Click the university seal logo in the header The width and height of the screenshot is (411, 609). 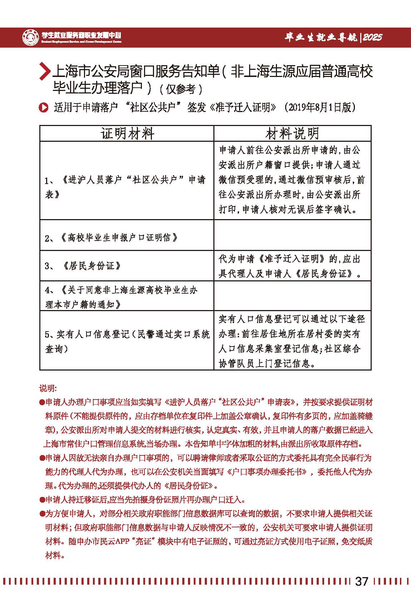tap(31, 37)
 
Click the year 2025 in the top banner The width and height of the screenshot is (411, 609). tap(372, 37)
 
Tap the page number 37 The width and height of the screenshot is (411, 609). tap(361, 581)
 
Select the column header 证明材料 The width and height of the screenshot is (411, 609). tap(127, 134)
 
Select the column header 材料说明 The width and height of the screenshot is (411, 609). tap(292, 134)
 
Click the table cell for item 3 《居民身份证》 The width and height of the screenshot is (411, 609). tap(127, 266)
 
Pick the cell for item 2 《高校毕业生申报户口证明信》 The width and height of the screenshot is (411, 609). tap(127, 237)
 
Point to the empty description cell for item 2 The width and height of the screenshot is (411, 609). tap(292, 235)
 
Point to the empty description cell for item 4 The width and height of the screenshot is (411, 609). tap(292, 296)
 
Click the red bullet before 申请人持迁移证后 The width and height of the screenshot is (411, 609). tap(42, 500)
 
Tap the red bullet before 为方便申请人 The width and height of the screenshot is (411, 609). tap(42, 514)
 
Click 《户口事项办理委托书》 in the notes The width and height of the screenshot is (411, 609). tap(267, 472)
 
